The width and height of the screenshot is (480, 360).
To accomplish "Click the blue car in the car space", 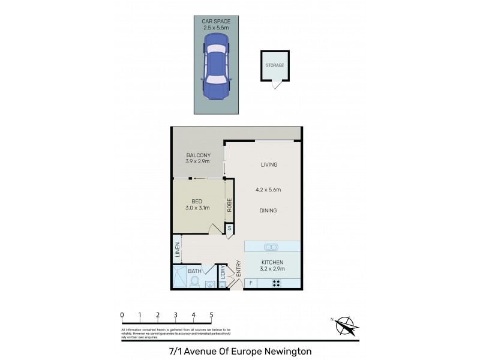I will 217,65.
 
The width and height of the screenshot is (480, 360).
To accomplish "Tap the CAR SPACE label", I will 217,21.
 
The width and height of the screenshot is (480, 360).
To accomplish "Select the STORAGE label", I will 275,65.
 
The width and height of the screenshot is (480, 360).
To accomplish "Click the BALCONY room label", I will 197,155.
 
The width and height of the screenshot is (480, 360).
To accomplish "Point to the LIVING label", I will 269,164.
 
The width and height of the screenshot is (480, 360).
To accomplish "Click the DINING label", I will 268,211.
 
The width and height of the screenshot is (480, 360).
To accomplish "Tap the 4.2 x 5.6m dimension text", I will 268,190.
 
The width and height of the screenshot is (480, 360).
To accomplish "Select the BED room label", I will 197,201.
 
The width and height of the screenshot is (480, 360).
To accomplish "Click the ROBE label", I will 229,206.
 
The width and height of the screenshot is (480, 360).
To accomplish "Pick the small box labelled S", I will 229,229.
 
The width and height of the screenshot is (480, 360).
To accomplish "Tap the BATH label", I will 195,271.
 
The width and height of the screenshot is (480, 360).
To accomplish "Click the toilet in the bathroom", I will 195,281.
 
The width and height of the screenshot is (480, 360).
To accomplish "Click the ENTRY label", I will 238,268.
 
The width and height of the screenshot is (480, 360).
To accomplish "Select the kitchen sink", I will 271,247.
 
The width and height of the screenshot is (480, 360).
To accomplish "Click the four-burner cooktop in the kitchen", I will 277,283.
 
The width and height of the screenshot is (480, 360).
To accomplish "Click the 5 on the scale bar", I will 211,314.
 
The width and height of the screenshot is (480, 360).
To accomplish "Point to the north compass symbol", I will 346,325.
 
